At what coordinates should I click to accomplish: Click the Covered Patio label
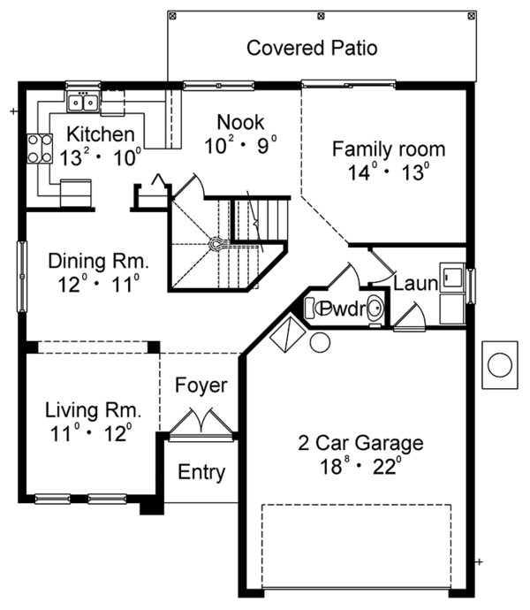(312, 48)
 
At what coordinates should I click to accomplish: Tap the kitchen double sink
(85, 103)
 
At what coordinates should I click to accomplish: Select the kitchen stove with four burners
(39, 149)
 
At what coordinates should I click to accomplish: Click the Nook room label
(241, 121)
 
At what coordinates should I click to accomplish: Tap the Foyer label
(201, 385)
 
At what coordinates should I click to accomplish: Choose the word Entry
(201, 472)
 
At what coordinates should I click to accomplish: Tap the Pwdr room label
(337, 309)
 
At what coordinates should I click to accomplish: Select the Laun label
(414, 285)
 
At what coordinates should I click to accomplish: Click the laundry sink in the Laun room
(453, 277)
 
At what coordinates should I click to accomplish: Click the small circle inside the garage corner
(320, 342)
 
